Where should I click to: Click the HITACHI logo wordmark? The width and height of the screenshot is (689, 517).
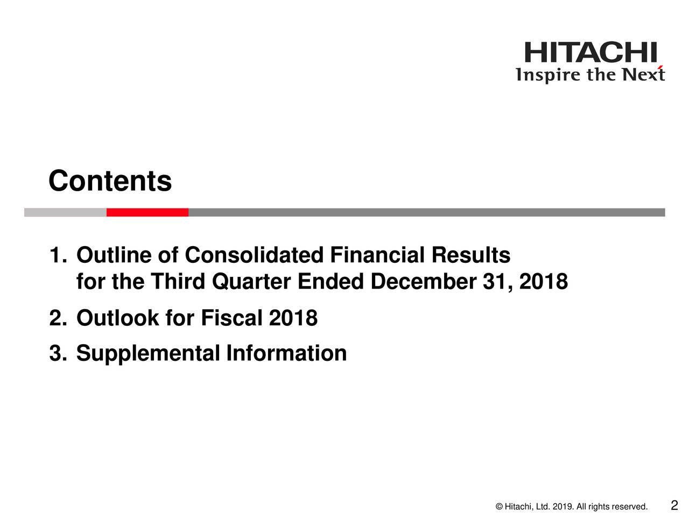coord(590,52)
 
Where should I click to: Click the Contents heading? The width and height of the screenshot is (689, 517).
coord(110,180)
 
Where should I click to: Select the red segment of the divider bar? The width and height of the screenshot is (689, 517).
coord(147,212)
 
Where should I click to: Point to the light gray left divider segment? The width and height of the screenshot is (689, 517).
coord(65,212)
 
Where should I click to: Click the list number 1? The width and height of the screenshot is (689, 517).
coord(58,255)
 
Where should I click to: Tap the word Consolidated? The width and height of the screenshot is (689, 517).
coord(254,255)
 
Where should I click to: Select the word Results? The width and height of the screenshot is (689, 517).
coord(471,255)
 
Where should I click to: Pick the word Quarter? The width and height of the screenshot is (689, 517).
coord(251,281)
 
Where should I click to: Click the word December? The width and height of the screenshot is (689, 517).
coord(423,281)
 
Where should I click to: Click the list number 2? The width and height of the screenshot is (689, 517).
coord(58,318)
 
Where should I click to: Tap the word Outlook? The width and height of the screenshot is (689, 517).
coord(118,318)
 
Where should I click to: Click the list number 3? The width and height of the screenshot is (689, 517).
coord(58,353)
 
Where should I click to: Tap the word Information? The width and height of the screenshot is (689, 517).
coord(286,353)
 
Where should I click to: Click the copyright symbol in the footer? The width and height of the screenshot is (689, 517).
coord(499,507)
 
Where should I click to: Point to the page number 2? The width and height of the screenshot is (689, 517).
coord(674,505)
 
